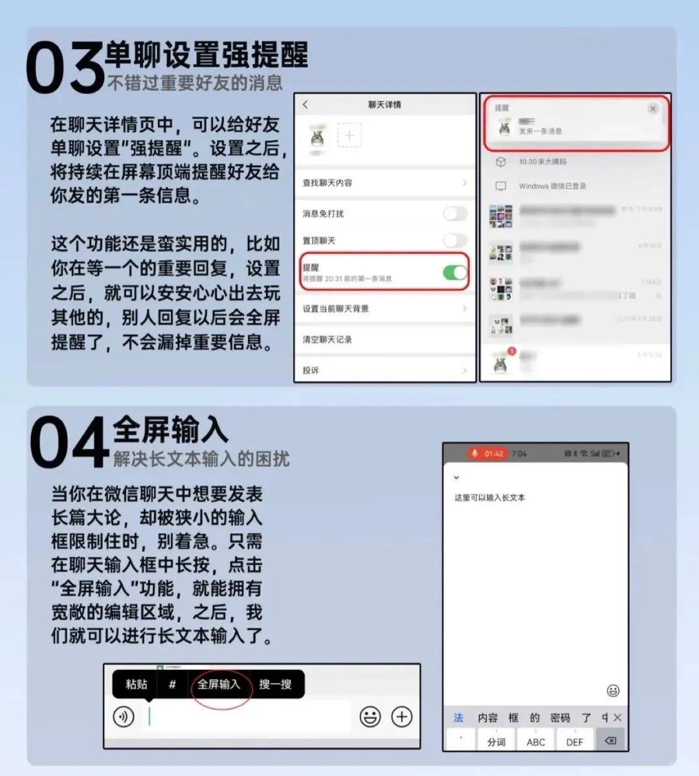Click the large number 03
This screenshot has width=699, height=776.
(65, 67)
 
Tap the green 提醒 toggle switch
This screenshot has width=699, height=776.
(455, 272)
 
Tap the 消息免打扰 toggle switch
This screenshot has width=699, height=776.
(455, 214)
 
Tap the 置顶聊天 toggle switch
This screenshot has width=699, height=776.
(455, 240)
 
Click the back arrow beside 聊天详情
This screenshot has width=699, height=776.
(305, 104)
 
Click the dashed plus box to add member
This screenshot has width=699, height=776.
(349, 135)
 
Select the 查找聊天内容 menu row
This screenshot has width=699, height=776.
(384, 183)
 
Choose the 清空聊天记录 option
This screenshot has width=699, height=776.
(327, 339)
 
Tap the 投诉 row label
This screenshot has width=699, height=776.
(311, 370)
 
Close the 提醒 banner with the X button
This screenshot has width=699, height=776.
(653, 109)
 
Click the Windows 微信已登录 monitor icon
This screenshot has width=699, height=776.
(500, 186)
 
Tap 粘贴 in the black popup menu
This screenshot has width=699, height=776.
(137, 684)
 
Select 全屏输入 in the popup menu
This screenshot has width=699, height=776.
(219, 684)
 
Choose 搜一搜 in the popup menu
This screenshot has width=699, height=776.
(275, 684)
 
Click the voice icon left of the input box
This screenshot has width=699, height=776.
(124, 716)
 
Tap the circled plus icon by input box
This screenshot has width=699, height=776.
(402, 716)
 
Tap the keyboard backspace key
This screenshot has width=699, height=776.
(610, 740)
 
